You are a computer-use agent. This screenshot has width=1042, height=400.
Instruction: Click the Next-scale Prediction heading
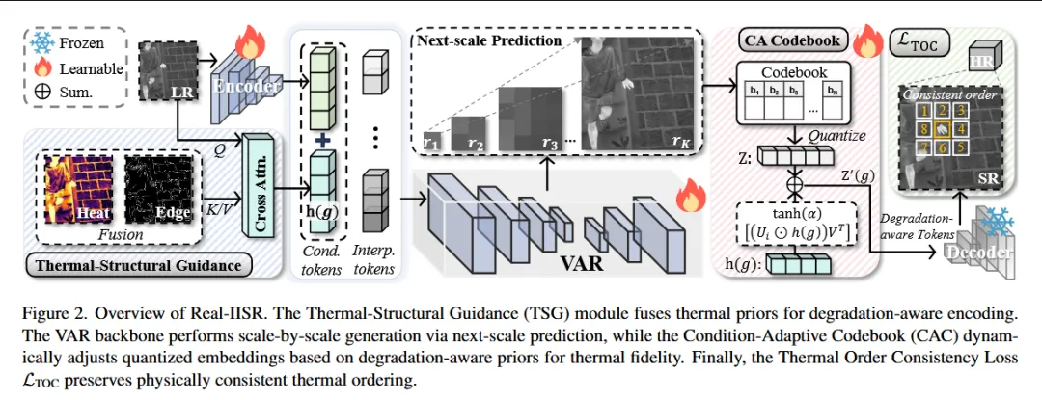[489, 40]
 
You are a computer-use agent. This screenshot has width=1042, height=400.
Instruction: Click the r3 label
[551, 142]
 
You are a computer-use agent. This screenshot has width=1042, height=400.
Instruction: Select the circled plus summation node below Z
[796, 181]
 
